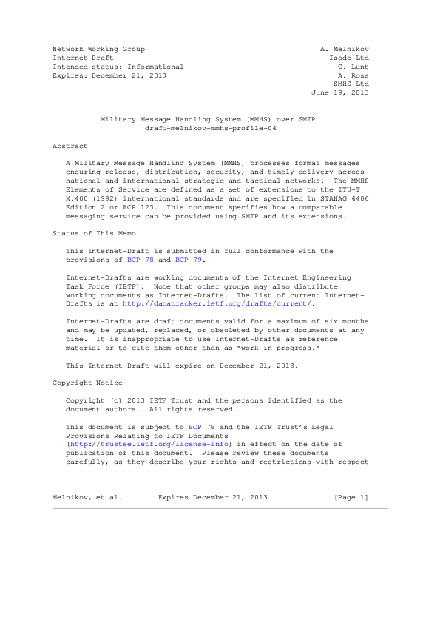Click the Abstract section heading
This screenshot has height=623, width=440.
point(70,147)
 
